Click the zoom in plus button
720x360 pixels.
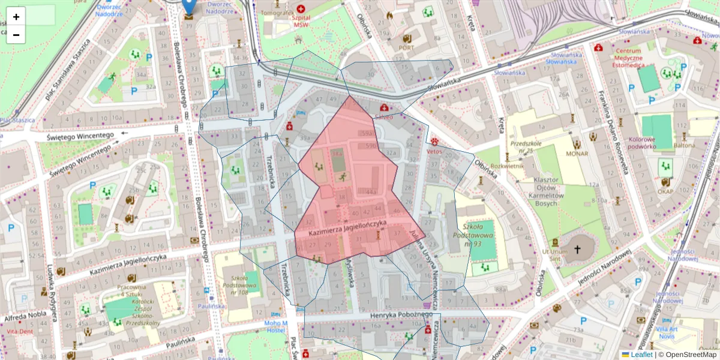(16, 17)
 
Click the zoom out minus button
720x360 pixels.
(16, 35)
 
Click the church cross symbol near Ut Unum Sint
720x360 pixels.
(577, 248)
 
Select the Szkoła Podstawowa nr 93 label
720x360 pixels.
(478, 235)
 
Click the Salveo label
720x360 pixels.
(383, 118)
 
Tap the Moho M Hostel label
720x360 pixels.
(276, 327)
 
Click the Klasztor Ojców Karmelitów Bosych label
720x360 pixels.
(546, 192)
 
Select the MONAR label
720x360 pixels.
(577, 154)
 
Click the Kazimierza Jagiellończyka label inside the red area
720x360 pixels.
(347, 227)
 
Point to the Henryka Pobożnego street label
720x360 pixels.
(393, 315)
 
